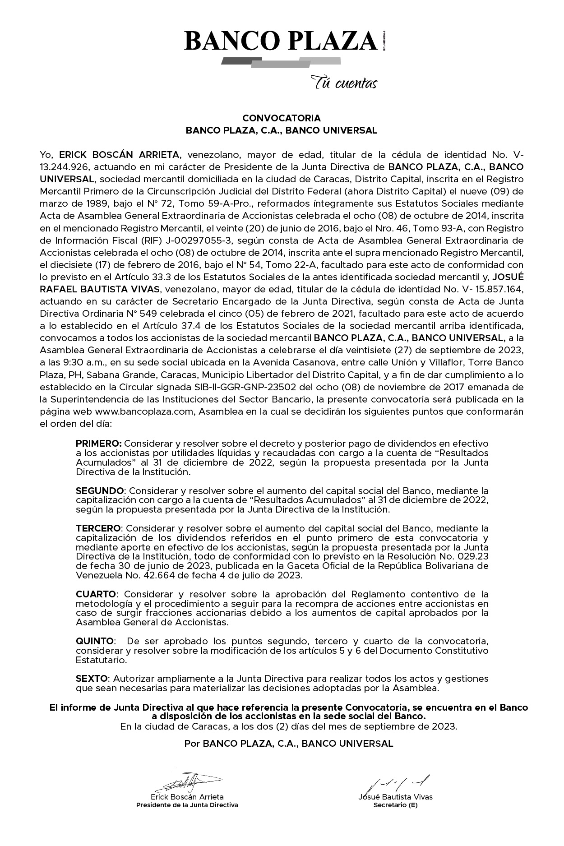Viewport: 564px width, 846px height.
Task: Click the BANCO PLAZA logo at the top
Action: tap(281, 42)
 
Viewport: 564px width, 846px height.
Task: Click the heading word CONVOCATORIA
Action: tap(282, 118)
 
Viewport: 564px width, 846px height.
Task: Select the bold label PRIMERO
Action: tap(98, 444)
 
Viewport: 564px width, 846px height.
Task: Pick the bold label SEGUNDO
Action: tap(99, 490)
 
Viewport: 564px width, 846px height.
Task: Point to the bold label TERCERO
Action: tap(98, 528)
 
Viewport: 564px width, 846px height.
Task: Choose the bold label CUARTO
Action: tap(96, 594)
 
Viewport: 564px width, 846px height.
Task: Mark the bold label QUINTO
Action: tap(94, 641)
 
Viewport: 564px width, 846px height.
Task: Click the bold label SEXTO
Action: tap(92, 679)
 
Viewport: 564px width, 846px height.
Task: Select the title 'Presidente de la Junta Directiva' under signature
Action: tap(187, 805)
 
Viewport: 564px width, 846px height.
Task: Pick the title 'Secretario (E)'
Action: tap(395, 805)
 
